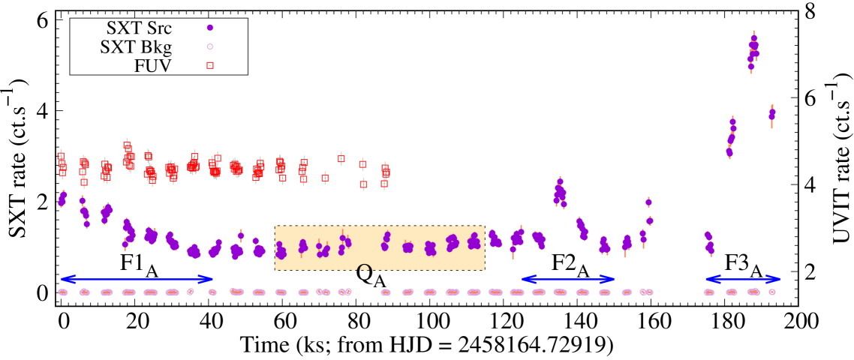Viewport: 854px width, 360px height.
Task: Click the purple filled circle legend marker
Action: click(210, 28)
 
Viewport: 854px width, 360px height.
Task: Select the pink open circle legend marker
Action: click(210, 46)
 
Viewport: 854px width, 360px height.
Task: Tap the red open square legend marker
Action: click(210, 65)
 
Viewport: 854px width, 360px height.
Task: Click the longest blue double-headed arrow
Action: click(137, 279)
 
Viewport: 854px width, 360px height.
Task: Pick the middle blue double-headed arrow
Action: click(567, 279)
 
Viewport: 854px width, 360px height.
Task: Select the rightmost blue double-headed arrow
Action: click(742, 279)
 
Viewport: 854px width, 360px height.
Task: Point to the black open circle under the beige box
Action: click(364, 269)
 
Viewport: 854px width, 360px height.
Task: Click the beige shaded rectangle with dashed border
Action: click(379, 247)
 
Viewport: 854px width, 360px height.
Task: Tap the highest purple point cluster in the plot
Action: click(753, 50)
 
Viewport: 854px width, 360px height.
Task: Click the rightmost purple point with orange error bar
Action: click(771, 115)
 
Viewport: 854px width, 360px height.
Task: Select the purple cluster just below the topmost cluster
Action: click(731, 136)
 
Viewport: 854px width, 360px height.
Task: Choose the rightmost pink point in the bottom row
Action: click(771, 292)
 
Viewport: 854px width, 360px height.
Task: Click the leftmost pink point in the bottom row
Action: click(63, 292)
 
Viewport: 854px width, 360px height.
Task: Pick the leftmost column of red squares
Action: click(62, 163)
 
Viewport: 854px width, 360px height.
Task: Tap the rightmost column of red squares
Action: click(385, 174)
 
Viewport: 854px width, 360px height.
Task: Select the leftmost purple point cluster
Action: click(62, 199)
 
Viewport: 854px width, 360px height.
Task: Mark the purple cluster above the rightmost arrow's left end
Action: click(709, 243)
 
